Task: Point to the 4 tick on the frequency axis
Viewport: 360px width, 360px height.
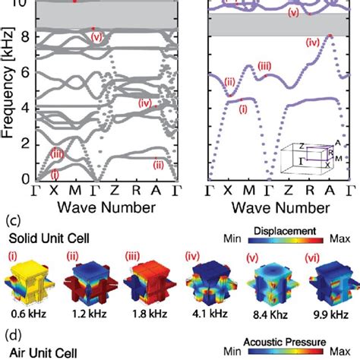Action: [x=30, y=108]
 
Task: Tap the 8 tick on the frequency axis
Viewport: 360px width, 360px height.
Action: [x=30, y=36]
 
